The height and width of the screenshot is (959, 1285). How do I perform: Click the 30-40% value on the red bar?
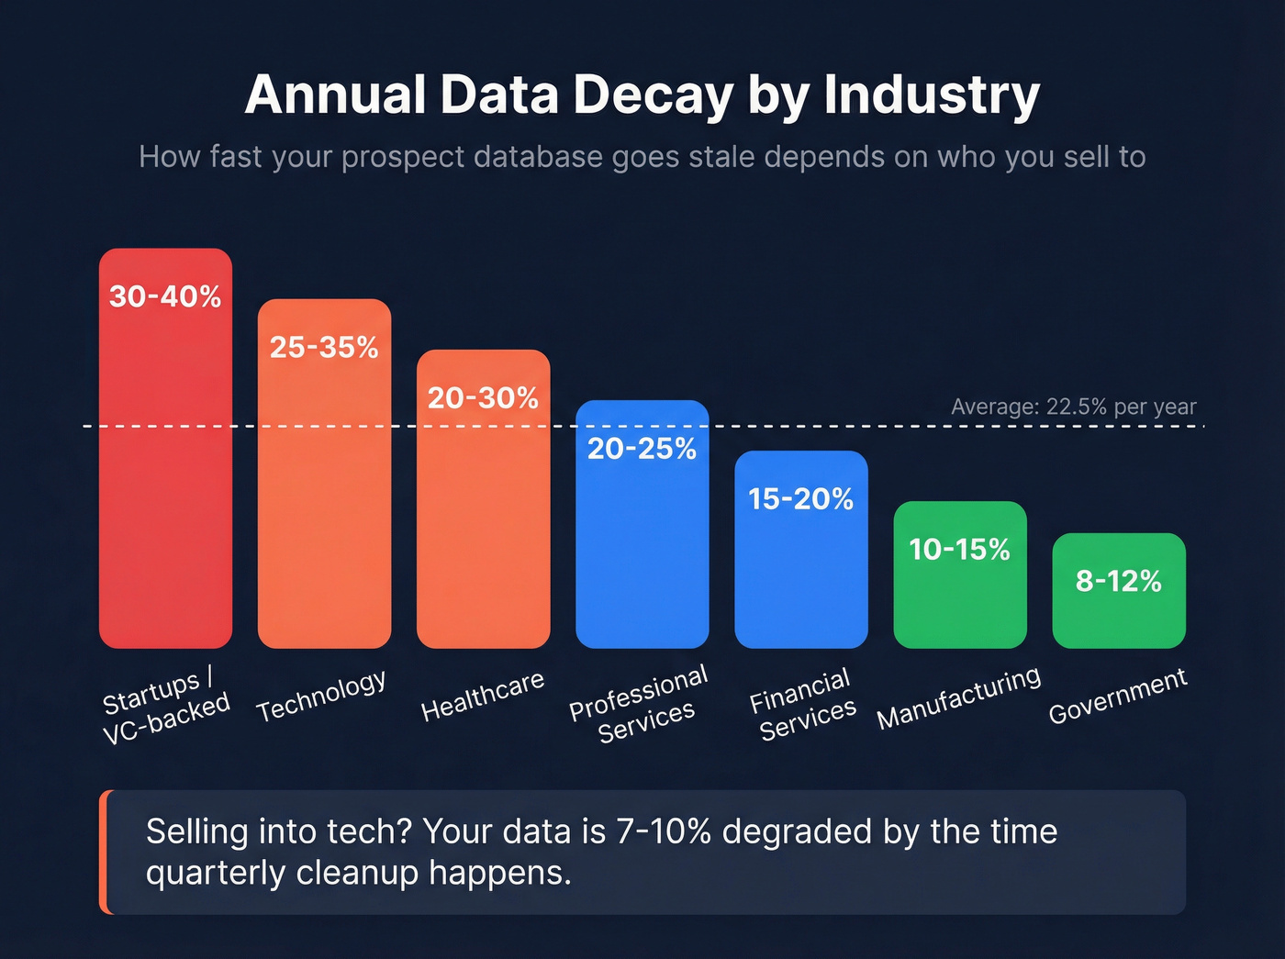165,296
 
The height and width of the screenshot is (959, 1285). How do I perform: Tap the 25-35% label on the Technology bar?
324,347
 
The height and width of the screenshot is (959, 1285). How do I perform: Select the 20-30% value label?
483,397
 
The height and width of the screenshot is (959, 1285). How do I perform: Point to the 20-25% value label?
642,448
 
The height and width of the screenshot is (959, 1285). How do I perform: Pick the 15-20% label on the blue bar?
800,498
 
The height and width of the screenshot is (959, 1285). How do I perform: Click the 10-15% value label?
959,549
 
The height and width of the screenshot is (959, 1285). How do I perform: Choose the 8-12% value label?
1118,581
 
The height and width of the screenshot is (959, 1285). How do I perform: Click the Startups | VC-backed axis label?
165,705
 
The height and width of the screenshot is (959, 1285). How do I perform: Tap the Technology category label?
321,696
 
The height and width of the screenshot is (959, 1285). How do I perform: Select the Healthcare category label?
483,696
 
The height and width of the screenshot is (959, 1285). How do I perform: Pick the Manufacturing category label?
958,697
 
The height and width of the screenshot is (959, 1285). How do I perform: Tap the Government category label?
1117,696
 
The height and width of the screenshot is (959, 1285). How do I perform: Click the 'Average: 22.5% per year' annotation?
1073,407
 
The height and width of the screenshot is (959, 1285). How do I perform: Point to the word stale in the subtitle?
722,157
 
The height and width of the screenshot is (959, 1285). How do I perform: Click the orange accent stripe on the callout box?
106,852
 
